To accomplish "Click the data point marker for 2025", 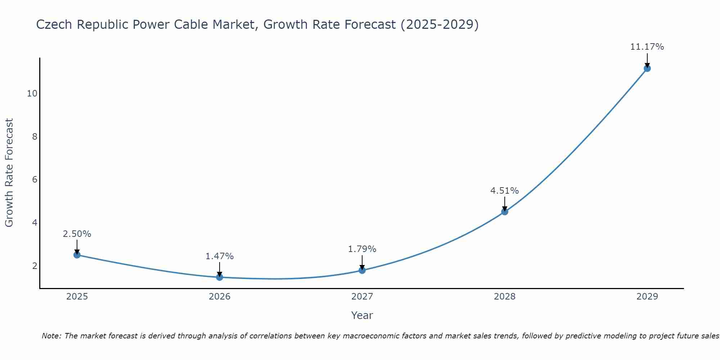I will pyautogui.click(x=77, y=255).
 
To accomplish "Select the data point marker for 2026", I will pyautogui.click(x=220, y=277).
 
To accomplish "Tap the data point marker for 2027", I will pyautogui.click(x=362, y=270).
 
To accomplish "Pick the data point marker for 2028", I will pyautogui.click(x=505, y=212).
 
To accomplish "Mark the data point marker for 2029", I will pyautogui.click(x=647, y=68).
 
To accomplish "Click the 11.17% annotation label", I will pyautogui.click(x=647, y=47).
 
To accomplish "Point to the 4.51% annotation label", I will pyautogui.click(x=504, y=191).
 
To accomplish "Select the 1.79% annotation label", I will pyautogui.click(x=362, y=249).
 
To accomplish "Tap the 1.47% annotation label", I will pyautogui.click(x=219, y=256).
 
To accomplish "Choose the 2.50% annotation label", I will pyautogui.click(x=77, y=234).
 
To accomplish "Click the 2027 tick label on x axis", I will pyautogui.click(x=362, y=297).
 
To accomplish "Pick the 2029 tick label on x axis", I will pyautogui.click(x=647, y=297).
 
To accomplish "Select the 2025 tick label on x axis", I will pyautogui.click(x=77, y=297).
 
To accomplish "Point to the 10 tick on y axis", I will pyautogui.click(x=32, y=94).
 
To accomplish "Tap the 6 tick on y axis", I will pyautogui.click(x=35, y=180).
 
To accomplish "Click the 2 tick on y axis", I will pyautogui.click(x=35, y=266).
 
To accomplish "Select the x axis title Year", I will pyautogui.click(x=362, y=315).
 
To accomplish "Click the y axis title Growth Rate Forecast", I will pyautogui.click(x=9, y=172).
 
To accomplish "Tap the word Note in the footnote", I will pyautogui.click(x=51, y=336).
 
